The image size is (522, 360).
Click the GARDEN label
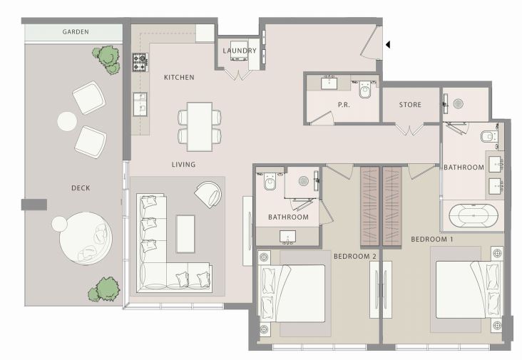76,32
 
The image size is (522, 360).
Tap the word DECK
81,188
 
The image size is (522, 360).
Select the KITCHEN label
179,77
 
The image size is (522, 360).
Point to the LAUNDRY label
240,51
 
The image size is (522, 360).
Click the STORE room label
410,105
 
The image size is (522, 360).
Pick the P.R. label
344,105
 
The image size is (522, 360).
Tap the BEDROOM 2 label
355,256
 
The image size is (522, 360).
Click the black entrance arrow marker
388,44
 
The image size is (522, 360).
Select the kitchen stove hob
140,63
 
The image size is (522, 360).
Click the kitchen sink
140,104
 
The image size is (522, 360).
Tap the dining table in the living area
200,127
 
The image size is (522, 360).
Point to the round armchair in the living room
209,195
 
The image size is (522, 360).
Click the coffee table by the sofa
185,234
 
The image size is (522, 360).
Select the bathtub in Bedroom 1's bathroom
474,215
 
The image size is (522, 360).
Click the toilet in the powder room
365,89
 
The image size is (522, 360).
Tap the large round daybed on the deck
86,239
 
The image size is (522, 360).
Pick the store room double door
409,130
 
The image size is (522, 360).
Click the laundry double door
238,74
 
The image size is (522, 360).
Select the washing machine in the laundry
239,51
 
